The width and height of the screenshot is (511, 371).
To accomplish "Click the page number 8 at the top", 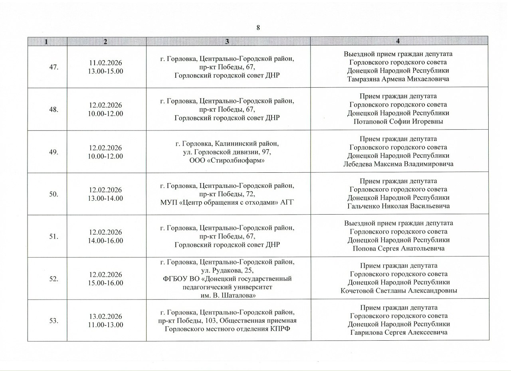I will tap(258, 28).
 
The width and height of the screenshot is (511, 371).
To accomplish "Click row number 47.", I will tap(54, 67).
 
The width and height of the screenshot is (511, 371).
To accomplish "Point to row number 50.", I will tap(54, 194).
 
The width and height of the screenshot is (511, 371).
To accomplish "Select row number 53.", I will tap(54, 320).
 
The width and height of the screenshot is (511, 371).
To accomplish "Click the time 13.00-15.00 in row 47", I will tap(106, 71).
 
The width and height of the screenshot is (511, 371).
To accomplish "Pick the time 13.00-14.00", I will tap(106, 198).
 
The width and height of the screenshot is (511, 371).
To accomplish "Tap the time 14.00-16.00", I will tap(106, 241).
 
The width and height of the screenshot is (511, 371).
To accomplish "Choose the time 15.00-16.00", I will tap(106, 283).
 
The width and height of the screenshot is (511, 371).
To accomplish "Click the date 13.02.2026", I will tap(106, 316).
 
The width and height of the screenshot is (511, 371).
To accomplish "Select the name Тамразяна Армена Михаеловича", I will tap(398, 79).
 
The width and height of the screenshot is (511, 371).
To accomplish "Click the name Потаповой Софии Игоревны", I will tap(398, 122).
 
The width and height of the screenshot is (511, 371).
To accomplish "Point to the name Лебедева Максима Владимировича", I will tap(398, 164).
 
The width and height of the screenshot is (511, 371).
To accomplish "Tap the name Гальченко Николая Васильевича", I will tap(398, 206).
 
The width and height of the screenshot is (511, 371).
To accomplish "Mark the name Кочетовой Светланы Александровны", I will tap(398, 291).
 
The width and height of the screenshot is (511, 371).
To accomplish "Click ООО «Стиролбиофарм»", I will tap(227, 160).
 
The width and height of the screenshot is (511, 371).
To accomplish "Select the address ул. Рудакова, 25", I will tap(227, 270).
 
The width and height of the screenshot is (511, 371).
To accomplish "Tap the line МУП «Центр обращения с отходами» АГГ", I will tap(227, 202).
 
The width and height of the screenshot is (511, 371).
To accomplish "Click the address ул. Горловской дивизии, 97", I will tap(227, 152).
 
